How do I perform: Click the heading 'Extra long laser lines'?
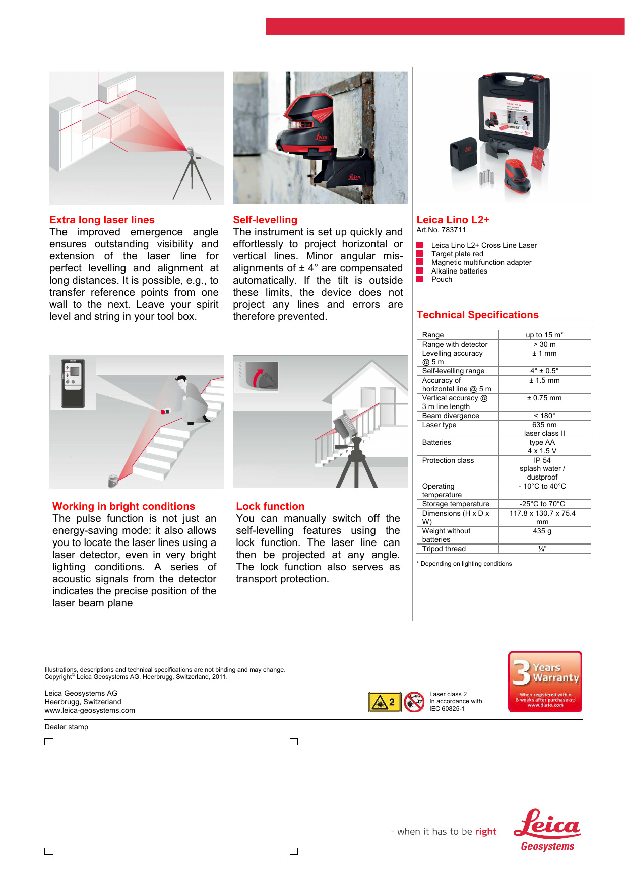pos(102,220)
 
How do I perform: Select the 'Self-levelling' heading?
pos(265,220)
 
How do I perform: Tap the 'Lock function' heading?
pos(270,506)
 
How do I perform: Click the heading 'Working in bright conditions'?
pos(123,506)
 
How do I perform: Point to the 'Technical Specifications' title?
pos(477,315)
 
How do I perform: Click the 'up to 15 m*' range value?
pos(544,335)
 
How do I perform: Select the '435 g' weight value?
pos(542,531)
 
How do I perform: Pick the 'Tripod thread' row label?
pos(444,549)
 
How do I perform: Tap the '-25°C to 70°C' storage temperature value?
pos(542,504)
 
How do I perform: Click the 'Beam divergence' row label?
pos(451,416)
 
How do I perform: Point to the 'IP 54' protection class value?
pos(542,460)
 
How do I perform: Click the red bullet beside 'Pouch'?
pos(419,279)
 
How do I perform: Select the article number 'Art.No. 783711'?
pos(441,230)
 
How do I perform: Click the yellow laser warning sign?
pos(385,702)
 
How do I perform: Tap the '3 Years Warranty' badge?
pos(545,682)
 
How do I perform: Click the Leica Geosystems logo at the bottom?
pos(547,830)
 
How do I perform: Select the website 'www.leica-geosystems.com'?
pos(90,710)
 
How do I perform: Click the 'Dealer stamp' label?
pos(66,727)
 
